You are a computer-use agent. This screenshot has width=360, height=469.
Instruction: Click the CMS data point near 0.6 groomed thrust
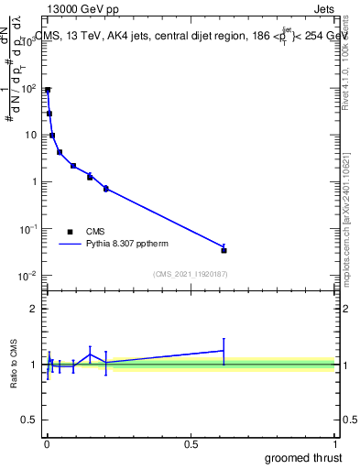(x=224, y=250)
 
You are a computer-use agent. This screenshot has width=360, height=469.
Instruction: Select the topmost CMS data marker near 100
(x=48, y=91)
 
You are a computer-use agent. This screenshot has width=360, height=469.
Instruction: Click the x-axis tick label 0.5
(x=191, y=445)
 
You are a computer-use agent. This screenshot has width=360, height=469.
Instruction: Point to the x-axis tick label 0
(x=47, y=445)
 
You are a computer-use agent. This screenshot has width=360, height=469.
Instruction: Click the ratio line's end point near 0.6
(x=224, y=350)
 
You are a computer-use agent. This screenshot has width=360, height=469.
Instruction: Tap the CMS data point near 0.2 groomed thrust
(x=106, y=189)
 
